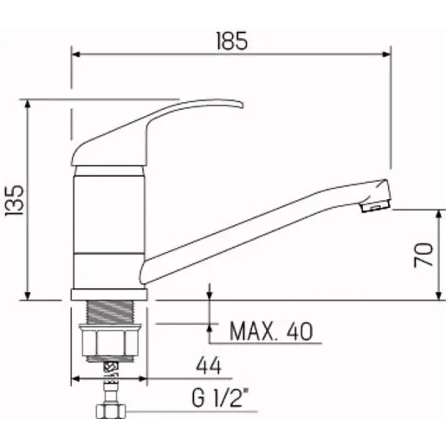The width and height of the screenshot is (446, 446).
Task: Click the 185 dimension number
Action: [x=232, y=41]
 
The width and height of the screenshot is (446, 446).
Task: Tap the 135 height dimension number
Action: [x=14, y=201]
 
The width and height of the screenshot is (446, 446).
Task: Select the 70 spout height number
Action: [x=424, y=255]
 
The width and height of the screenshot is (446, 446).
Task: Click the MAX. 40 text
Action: [x=271, y=331]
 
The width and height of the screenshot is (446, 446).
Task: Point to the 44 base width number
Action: [x=209, y=366]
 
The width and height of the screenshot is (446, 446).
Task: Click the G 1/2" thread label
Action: [x=220, y=398]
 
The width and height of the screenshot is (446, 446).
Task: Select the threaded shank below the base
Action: [x=110, y=312]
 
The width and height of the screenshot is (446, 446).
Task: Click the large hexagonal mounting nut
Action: [x=110, y=341]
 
